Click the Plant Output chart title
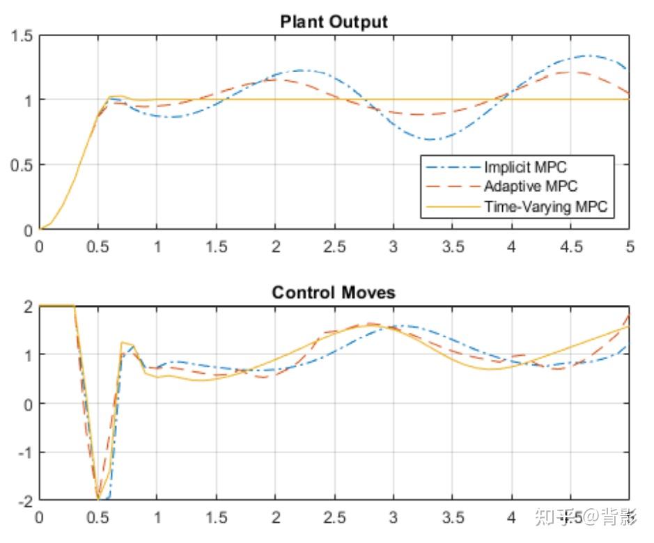pyautogui.click(x=334, y=22)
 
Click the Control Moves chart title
pyautogui.click(x=334, y=292)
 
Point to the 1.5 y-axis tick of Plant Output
pyautogui.click(x=23, y=36)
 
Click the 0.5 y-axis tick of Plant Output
pyautogui.click(x=23, y=165)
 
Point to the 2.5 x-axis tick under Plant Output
pyautogui.click(x=334, y=247)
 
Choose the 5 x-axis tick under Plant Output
pyautogui.click(x=630, y=247)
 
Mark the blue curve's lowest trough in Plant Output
pyautogui.click(x=432, y=140)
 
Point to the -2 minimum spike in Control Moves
pyautogui.click(x=98, y=499)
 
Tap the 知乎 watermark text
pyautogui.click(x=550, y=517)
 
